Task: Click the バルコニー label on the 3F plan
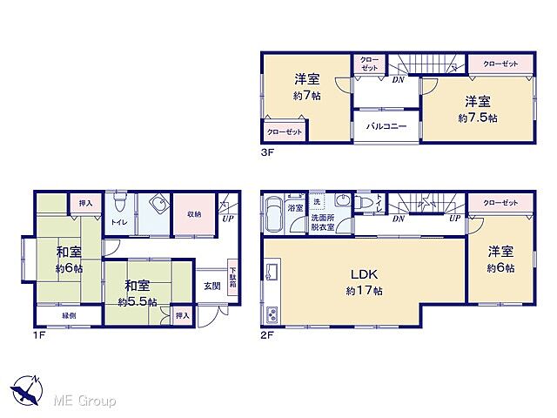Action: coord(386,126)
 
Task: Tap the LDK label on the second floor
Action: coord(364,274)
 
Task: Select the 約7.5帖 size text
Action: coord(478,118)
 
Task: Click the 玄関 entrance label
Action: coord(211,287)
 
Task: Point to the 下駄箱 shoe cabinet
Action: coord(232,277)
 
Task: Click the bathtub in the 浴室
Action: coord(274,214)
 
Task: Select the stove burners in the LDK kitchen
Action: coord(272,315)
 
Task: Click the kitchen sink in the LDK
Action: coord(272,273)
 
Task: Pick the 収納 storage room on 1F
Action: coord(194,214)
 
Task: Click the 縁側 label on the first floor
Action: coord(69,315)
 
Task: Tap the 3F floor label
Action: coord(267,153)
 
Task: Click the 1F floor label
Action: coord(39,335)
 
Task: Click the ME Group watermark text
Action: coord(84,401)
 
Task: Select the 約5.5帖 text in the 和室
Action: coord(138,302)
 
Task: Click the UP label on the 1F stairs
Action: coord(228,219)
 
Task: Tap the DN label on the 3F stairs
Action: coord(399,80)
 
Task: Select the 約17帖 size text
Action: coord(365,291)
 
